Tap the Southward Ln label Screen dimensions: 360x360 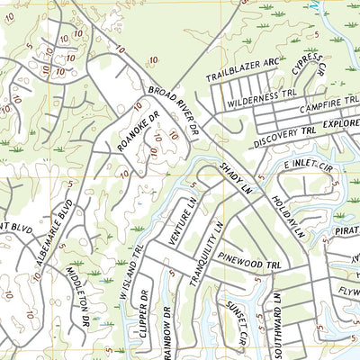click(280, 325)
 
